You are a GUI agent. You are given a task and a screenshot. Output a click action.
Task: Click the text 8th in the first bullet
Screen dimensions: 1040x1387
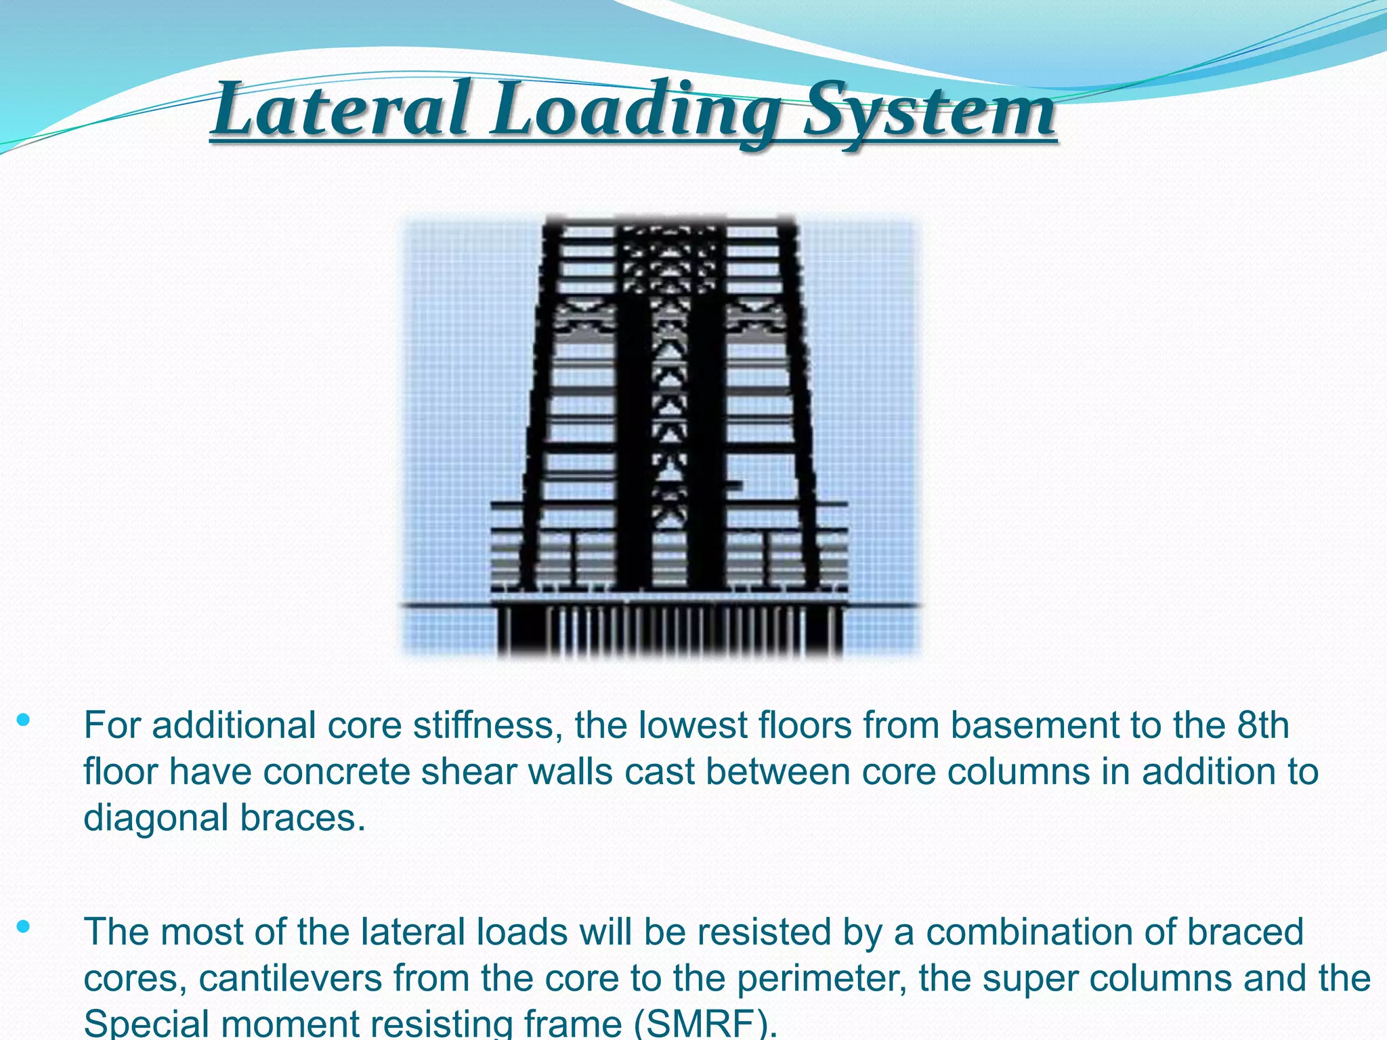pyautogui.click(x=1262, y=725)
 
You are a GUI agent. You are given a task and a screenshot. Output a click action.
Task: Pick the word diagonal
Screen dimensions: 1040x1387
pyautogui.click(x=156, y=819)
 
